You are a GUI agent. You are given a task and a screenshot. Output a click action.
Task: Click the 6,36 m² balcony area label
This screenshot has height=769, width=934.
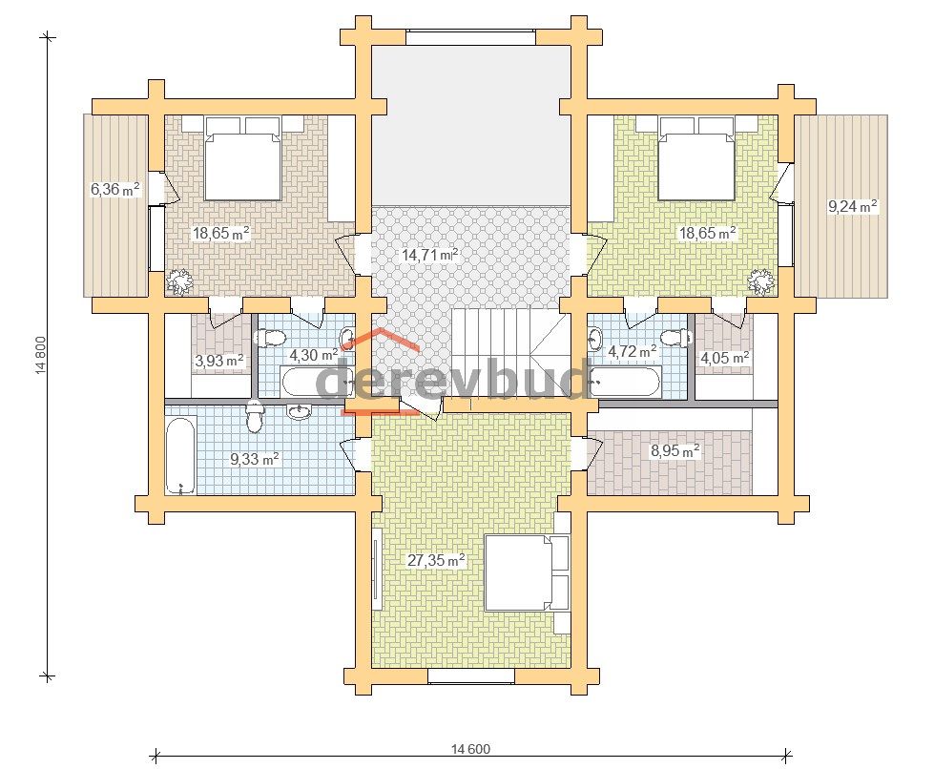(x=115, y=190)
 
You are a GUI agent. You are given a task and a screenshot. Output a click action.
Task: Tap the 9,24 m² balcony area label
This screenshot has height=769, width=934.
(x=852, y=206)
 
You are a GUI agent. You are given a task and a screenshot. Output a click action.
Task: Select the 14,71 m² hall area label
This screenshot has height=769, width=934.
(x=430, y=255)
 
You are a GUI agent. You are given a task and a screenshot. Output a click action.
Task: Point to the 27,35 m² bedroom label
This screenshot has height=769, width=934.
(x=436, y=560)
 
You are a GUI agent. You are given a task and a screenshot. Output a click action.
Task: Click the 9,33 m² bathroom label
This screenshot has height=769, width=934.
(x=255, y=459)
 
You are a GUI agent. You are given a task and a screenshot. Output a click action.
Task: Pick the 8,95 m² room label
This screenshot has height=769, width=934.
(x=675, y=451)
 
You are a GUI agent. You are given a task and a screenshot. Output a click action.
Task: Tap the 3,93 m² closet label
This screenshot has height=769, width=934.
(x=219, y=361)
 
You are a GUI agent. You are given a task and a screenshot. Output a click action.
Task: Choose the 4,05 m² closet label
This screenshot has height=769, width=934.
(x=724, y=358)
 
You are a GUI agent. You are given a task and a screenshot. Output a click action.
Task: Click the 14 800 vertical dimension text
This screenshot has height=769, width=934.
(x=41, y=356)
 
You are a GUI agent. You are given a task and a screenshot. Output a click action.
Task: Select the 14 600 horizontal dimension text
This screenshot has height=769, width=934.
(x=470, y=749)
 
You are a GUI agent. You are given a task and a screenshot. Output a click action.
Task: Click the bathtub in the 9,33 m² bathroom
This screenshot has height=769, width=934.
(x=180, y=457)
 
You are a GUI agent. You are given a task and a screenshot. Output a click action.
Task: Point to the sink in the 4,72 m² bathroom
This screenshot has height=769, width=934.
(x=594, y=338)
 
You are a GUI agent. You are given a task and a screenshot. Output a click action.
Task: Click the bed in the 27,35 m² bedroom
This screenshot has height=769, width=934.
(x=528, y=572)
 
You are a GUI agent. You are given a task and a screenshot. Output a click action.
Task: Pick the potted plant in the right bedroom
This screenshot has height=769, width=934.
(x=761, y=281)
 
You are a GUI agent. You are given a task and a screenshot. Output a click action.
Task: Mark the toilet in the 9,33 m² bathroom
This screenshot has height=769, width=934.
(x=255, y=416)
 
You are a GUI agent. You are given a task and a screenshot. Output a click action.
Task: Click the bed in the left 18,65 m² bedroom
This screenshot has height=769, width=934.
(x=242, y=157)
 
